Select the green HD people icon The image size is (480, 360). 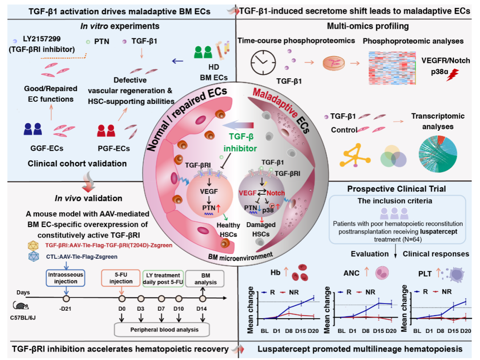(x=203, y=52)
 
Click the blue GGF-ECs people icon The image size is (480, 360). (x=33, y=129)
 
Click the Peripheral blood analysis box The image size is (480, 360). (x=164, y=330)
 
